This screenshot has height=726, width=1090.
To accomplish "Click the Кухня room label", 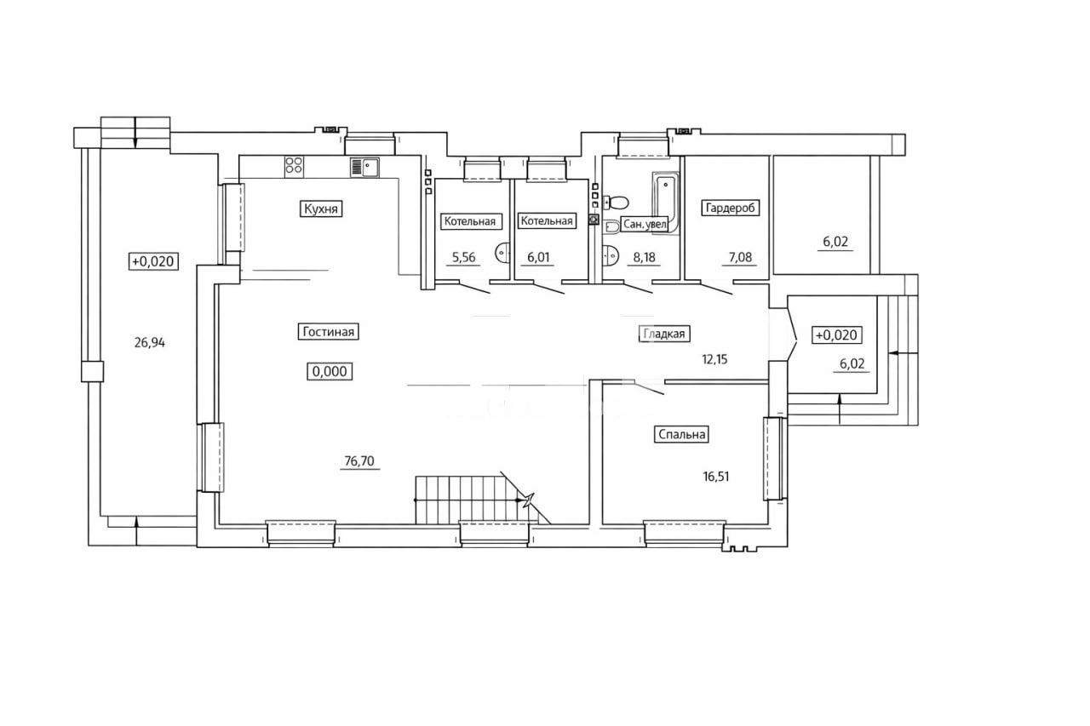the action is [x=321, y=209].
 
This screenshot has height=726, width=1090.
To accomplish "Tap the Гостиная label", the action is [x=328, y=332].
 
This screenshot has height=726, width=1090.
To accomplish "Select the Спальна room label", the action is [x=681, y=434].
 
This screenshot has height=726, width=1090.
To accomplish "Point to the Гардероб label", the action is [x=730, y=209].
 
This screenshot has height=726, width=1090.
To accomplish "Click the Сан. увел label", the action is [x=645, y=224].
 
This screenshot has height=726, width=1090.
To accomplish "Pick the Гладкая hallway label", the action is [x=663, y=334].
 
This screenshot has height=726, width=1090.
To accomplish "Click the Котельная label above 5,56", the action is [x=469, y=221].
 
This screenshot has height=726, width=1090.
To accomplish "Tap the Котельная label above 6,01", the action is [x=547, y=220].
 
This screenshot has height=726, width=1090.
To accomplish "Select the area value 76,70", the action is [x=359, y=461].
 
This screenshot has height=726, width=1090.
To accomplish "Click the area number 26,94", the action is [x=149, y=343].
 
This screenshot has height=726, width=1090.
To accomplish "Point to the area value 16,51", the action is [x=716, y=477].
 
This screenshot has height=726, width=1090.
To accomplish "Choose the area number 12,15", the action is [x=714, y=359].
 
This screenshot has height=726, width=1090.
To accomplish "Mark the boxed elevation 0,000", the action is [x=330, y=371].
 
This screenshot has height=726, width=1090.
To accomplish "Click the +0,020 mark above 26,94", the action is [x=152, y=261].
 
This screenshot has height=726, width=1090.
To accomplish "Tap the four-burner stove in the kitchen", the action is [x=294, y=165].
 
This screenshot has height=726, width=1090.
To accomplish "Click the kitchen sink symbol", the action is [x=364, y=168].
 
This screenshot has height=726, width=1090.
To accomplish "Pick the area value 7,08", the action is [x=740, y=257].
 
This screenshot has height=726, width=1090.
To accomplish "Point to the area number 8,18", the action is [x=644, y=257].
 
